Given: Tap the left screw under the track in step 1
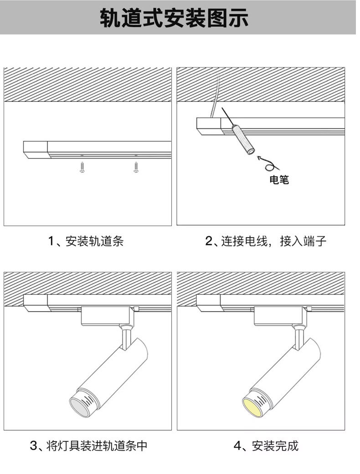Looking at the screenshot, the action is tap(82, 167).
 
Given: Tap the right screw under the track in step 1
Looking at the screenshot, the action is tap(135, 167).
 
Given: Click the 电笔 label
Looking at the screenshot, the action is tap(279, 180).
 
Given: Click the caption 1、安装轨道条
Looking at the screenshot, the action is tap(86, 241).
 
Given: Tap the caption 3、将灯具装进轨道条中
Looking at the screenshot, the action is tap(88, 445).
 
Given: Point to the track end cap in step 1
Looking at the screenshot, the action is tap(36, 150).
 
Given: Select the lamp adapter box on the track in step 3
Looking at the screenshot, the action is tap(108, 316).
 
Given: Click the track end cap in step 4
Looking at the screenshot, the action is tap(208, 303).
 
